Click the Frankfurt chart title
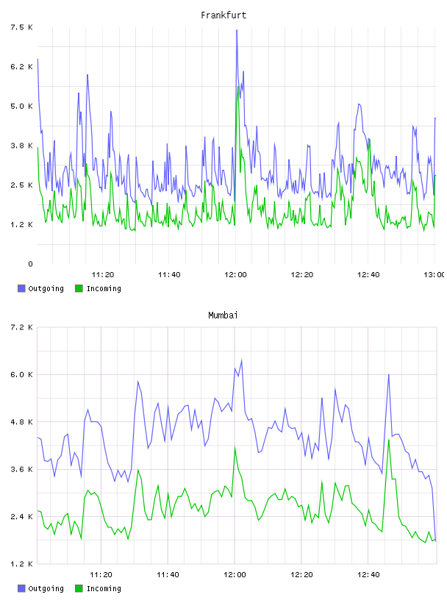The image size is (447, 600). (x=223, y=15)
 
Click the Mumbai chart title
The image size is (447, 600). (x=223, y=315)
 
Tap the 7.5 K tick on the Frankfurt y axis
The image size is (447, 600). (x=22, y=27)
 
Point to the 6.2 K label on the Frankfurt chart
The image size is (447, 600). (x=22, y=67)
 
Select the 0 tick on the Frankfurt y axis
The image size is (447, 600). (x=31, y=264)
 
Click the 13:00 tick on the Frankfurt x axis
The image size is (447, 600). (x=434, y=275)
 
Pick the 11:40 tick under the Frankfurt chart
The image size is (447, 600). (x=169, y=275)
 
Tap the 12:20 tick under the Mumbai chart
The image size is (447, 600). (x=301, y=575)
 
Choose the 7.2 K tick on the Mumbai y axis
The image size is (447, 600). (x=22, y=327)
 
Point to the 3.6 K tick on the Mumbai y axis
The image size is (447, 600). (x=22, y=470)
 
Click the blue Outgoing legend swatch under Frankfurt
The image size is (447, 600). (x=21, y=288)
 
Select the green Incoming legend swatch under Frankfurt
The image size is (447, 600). (x=79, y=288)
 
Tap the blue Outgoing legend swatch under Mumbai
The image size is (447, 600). (x=21, y=588)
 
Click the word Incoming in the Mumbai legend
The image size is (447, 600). (x=104, y=588)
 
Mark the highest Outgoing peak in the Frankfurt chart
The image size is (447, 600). (x=237, y=30)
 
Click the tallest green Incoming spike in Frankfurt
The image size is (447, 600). (x=238, y=87)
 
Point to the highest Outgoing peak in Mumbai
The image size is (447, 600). (x=241, y=360)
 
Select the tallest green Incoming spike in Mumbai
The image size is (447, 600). (x=389, y=440)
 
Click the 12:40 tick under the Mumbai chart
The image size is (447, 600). (x=368, y=575)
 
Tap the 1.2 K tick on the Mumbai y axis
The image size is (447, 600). (x=22, y=564)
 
